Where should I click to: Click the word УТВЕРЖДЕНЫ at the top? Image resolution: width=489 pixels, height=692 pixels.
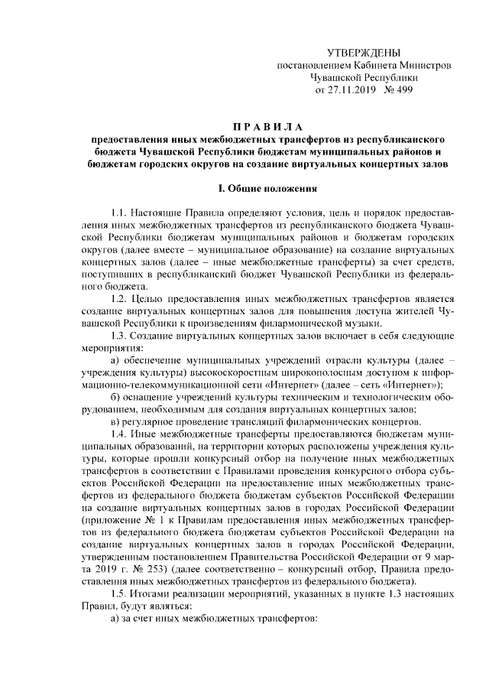point(363,52)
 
